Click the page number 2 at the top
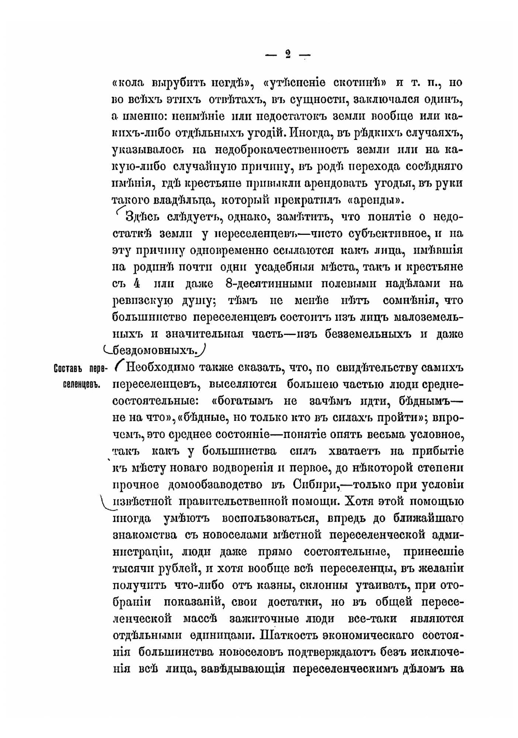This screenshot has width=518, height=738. (288, 54)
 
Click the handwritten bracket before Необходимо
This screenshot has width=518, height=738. (118, 365)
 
